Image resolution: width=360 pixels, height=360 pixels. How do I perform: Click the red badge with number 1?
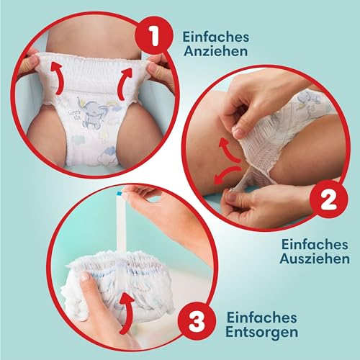154,37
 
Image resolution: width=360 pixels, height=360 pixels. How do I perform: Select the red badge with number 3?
197,322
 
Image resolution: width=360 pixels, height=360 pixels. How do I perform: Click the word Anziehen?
215,51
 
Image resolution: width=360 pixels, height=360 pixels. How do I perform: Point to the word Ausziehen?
315,258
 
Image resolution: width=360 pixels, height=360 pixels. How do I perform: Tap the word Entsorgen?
262,332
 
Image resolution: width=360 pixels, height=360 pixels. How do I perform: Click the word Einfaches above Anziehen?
216,37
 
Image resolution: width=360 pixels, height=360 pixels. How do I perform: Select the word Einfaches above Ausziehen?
315,244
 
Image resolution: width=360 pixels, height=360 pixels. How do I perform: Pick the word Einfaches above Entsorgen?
262,318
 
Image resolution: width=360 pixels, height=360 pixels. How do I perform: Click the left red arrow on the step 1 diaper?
58,78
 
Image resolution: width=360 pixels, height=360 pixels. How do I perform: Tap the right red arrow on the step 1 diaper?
125,84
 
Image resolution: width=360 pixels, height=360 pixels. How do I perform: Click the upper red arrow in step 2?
229,149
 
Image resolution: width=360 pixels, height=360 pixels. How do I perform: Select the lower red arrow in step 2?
227,174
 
